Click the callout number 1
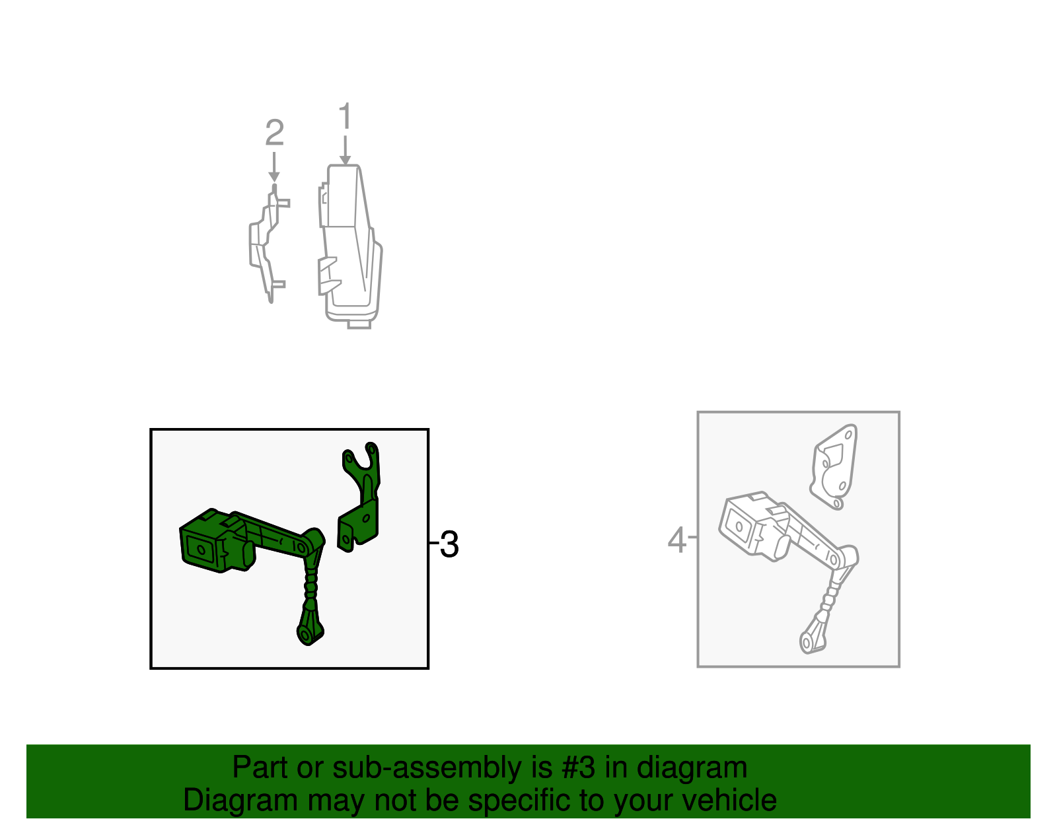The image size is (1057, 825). click(x=345, y=117)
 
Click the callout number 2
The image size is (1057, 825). click(x=274, y=133)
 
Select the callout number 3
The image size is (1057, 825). click(x=449, y=545)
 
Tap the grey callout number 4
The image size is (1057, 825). click(x=677, y=540)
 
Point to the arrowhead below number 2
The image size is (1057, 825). click(x=274, y=176)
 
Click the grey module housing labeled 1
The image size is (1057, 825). click(x=350, y=244)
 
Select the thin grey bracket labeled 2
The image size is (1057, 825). click(x=264, y=244)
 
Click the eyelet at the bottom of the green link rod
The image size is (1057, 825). click(x=306, y=635)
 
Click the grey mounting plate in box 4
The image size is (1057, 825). click(x=834, y=466)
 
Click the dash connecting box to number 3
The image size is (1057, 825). click(x=434, y=543)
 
